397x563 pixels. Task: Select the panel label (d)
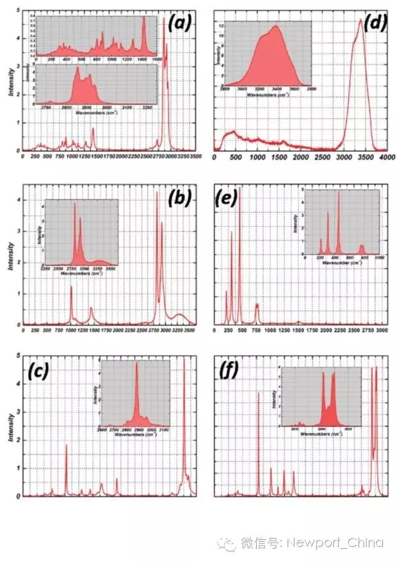(374, 24)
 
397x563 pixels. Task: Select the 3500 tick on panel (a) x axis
(197, 156)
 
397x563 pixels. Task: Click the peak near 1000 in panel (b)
(70, 287)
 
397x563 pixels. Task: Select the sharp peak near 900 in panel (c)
(66, 444)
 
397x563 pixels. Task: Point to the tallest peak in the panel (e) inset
(339, 192)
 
